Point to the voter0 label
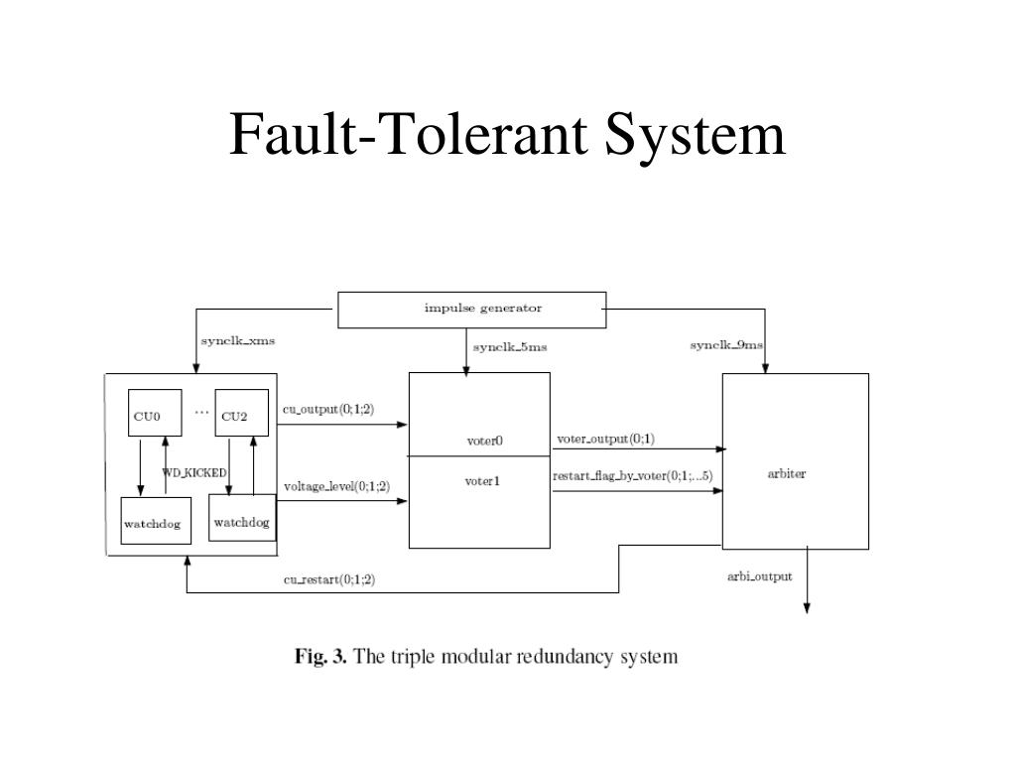[x=484, y=442]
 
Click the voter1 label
[x=482, y=481]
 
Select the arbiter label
[x=787, y=473]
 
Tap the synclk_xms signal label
[x=238, y=341]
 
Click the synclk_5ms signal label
[x=510, y=347]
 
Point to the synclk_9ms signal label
[x=726, y=344]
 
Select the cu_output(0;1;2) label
[x=328, y=410]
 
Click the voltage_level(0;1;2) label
[x=337, y=486]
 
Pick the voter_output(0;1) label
[x=606, y=439]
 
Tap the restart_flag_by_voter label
[x=632, y=476]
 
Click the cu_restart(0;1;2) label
[x=329, y=579]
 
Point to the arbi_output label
[x=759, y=576]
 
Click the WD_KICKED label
[x=194, y=473]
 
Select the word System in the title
[x=695, y=135]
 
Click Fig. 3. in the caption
[x=320, y=657]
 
